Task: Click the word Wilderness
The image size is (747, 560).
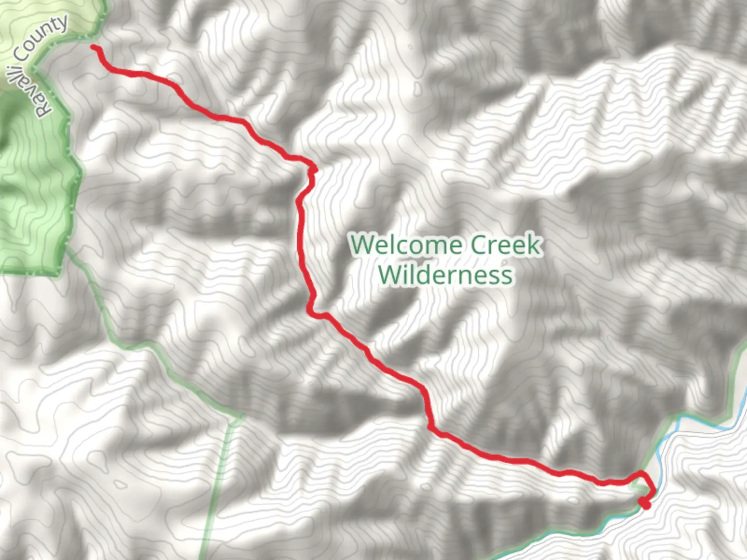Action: [445, 274]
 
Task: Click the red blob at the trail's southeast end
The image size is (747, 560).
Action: [645, 502]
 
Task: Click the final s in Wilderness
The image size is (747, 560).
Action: [507, 275]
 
